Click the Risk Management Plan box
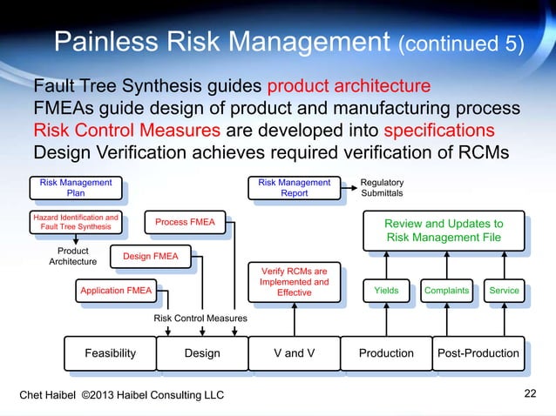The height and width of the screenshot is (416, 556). point(76,188)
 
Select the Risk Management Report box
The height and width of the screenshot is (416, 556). point(294,188)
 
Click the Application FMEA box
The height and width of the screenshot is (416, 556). point(115,291)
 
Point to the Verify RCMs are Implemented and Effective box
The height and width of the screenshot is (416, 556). point(294,282)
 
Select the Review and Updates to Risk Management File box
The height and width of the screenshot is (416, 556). point(444,230)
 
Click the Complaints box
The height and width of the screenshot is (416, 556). point(445,291)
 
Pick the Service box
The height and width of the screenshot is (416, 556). point(504,291)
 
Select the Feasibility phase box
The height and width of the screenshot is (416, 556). point(110,352)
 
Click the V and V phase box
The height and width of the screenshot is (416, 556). point(294,352)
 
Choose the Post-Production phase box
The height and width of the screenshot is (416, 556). point(478,352)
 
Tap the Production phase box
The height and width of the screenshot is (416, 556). point(386,352)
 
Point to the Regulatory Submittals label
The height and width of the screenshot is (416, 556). point(382,188)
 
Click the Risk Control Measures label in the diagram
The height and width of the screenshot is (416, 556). point(200,319)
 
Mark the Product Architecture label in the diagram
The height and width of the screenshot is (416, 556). point(72,256)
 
